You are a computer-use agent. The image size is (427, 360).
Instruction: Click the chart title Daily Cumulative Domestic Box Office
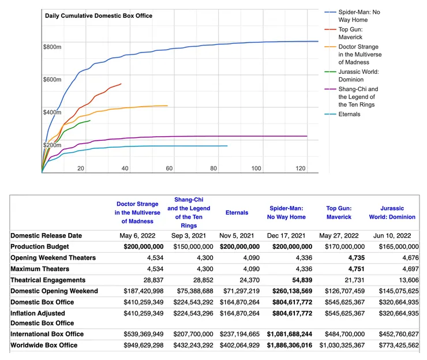tap(99, 16)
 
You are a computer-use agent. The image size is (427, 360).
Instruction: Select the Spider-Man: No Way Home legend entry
tap(360, 16)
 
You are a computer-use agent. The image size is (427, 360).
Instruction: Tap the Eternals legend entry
tap(349, 114)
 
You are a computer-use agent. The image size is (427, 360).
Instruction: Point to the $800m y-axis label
tap(52, 46)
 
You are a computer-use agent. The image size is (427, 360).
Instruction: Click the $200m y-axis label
tap(52, 145)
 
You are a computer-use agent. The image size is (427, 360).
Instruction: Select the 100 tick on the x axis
tap(256, 168)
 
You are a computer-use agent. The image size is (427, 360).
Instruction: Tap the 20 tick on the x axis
tap(81, 168)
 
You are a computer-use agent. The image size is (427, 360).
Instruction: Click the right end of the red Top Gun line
tap(121, 84)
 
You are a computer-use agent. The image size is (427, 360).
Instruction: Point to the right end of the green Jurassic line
tap(90, 121)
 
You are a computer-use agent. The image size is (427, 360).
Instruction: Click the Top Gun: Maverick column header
tap(339, 212)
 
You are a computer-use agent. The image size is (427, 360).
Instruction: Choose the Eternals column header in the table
tap(237, 212)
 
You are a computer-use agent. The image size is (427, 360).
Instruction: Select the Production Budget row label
tap(40, 246)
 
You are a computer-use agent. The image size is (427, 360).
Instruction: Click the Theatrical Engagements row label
tap(46, 280)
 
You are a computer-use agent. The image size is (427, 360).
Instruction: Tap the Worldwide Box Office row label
tap(43, 345)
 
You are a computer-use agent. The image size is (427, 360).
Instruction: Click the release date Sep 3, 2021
tap(189, 235)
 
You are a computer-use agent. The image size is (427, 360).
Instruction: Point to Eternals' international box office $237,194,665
tap(240, 334)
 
